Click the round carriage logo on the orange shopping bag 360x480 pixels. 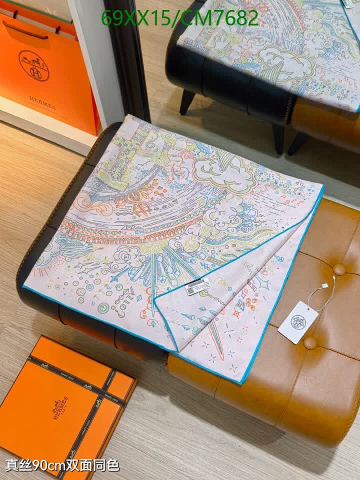[x=34, y=65]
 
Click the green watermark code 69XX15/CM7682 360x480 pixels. [x=180, y=18]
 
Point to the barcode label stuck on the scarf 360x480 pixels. [x=199, y=288]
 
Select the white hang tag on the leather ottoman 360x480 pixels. [x=298, y=322]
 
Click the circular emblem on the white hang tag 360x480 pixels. [x=297, y=320]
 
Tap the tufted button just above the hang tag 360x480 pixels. [x=340, y=269]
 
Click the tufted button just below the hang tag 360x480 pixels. [x=310, y=343]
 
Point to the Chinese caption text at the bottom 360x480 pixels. [x=62, y=465]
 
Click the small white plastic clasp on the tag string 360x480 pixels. [x=334, y=276]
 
